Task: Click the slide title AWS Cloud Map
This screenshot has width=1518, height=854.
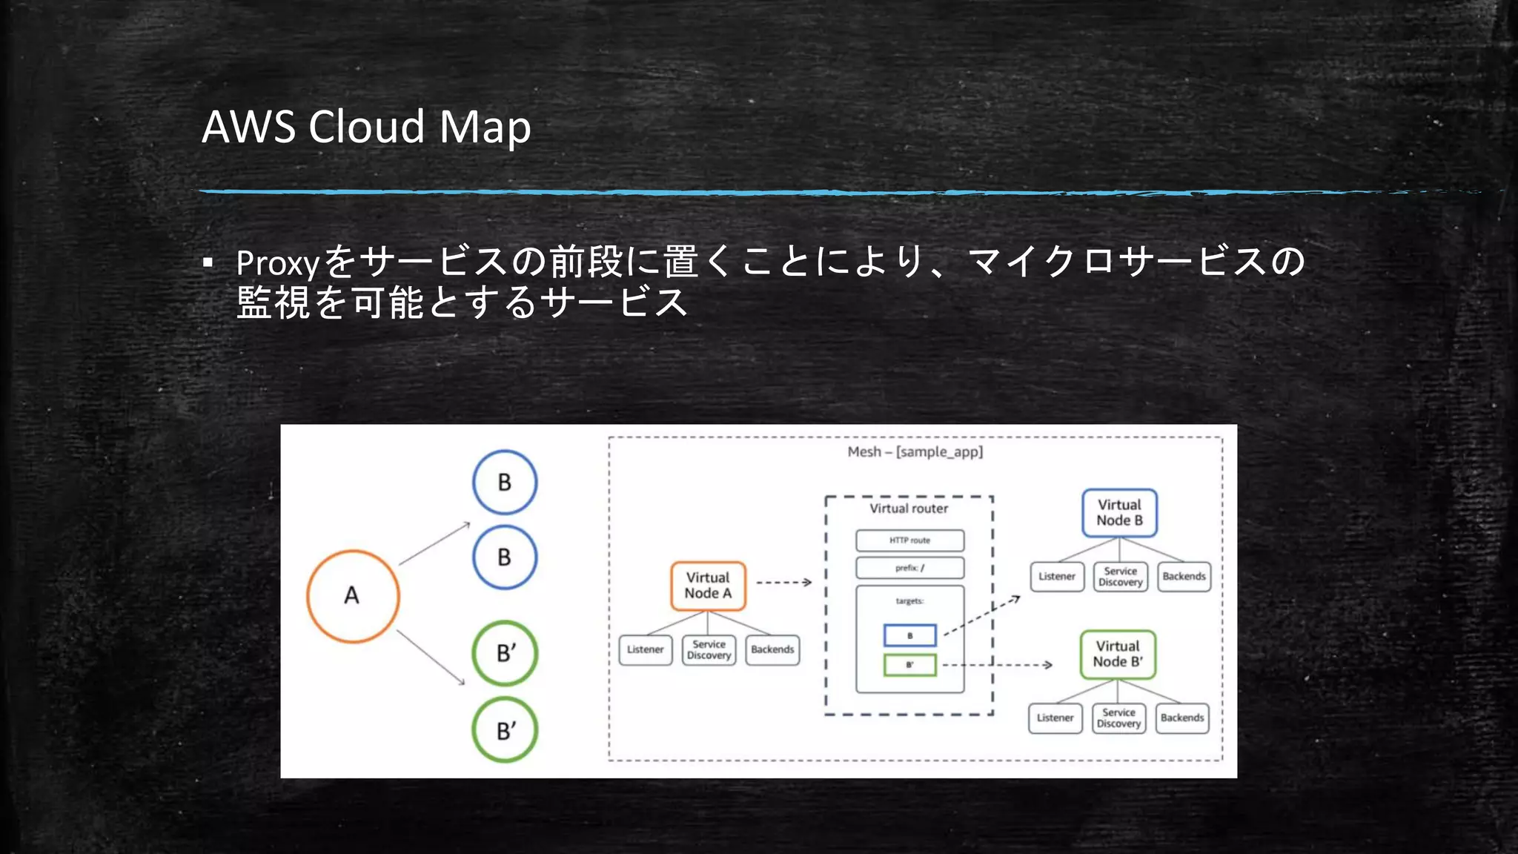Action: pos(366,127)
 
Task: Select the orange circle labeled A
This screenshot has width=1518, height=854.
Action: pos(353,596)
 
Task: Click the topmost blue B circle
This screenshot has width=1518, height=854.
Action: pos(505,483)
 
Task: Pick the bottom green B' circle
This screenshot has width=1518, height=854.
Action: pos(505,730)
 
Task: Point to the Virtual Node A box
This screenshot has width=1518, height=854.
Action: pos(708,586)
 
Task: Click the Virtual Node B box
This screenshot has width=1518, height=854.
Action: pos(1119,513)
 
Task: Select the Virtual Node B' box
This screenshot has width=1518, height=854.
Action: pos(1118,655)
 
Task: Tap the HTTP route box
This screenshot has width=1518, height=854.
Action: pos(909,540)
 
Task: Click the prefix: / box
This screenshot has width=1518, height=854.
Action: pos(909,568)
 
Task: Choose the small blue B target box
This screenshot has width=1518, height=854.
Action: pos(909,635)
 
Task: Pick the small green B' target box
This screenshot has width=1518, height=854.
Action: pos(909,665)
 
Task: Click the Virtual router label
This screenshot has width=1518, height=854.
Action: pos(909,509)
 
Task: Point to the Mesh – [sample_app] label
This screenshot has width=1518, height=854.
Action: pos(915,451)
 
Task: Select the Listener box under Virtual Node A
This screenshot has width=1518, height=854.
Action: pos(645,650)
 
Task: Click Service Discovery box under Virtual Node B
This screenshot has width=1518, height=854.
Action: pos(1120,577)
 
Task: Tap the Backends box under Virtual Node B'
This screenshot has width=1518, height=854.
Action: pos(1182,718)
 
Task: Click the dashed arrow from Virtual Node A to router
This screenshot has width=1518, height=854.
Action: pos(783,583)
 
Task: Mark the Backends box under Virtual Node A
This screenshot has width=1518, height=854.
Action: pos(772,650)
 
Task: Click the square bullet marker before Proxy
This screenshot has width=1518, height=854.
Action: pos(208,262)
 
